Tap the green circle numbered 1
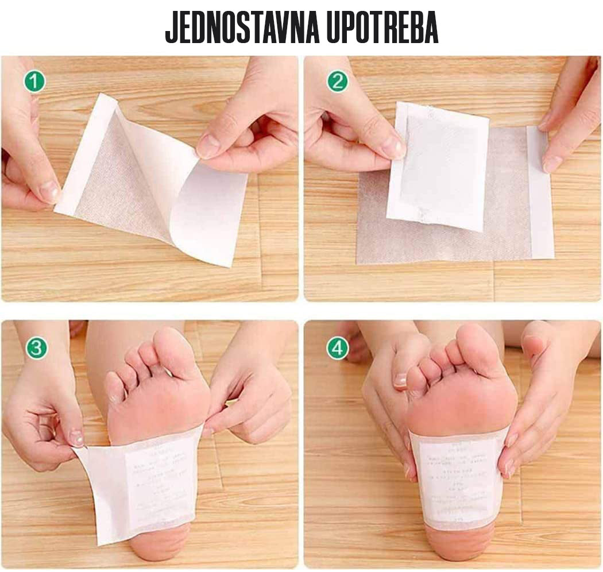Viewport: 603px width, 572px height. click(x=34, y=82)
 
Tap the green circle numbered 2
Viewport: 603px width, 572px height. click(x=338, y=82)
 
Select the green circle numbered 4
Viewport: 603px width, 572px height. click(x=338, y=348)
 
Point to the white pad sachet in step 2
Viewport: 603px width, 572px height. click(x=439, y=167)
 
